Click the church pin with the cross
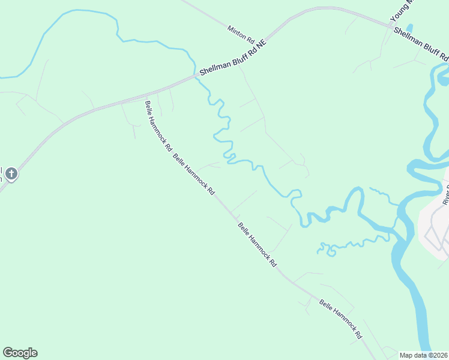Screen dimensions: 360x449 [x=11, y=175]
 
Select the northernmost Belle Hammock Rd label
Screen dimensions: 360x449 [x=158, y=125]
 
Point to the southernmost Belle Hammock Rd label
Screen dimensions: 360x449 [x=341, y=318]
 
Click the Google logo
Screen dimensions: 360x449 [x=20, y=353]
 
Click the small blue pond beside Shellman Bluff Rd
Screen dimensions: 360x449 [x=410, y=28]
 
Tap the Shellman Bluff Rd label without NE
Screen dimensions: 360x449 [x=420, y=43]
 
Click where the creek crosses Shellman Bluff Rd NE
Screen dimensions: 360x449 [x=196, y=76]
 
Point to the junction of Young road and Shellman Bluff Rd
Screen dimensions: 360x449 [x=391, y=25]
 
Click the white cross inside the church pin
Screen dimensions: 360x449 [x=11, y=174]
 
